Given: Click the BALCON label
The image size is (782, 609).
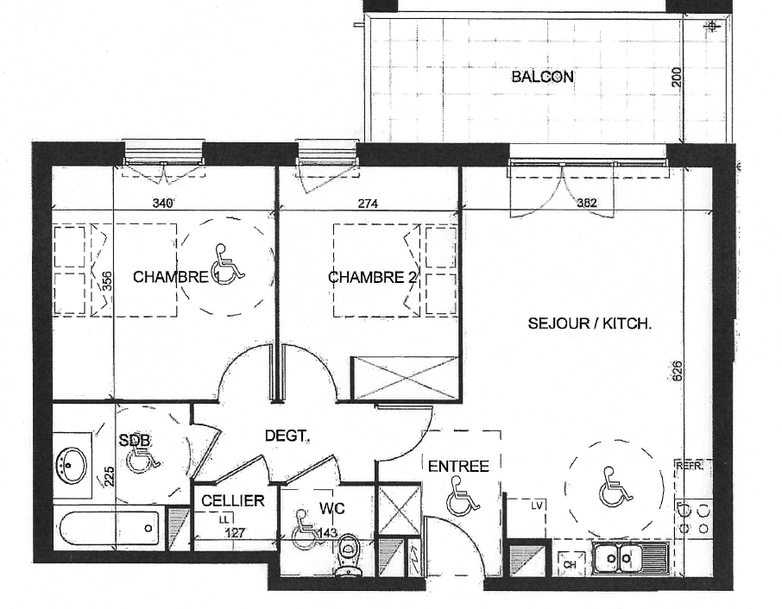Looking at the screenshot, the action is (x=543, y=77).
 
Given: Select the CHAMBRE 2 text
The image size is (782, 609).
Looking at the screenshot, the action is (x=372, y=277).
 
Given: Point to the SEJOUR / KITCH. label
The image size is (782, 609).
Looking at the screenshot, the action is (x=590, y=324).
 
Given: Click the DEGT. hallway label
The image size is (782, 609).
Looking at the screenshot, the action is (x=287, y=436).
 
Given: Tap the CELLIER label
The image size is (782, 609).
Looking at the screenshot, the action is (x=233, y=500).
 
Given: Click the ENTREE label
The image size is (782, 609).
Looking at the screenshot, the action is (x=458, y=467).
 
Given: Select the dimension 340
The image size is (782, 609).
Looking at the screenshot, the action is (x=162, y=204).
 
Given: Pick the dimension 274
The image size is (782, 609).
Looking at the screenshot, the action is (x=368, y=204).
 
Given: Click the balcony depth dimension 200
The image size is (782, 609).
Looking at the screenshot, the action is (x=677, y=78).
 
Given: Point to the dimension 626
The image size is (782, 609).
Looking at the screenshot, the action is (x=677, y=371).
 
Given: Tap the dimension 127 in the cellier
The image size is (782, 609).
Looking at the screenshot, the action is (x=235, y=533).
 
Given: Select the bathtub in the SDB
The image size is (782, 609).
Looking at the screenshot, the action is (x=110, y=529).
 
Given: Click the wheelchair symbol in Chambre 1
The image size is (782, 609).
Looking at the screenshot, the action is (x=229, y=262).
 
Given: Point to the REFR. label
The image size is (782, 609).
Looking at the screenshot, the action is (x=691, y=467).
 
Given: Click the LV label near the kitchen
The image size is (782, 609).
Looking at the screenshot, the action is (x=537, y=505).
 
